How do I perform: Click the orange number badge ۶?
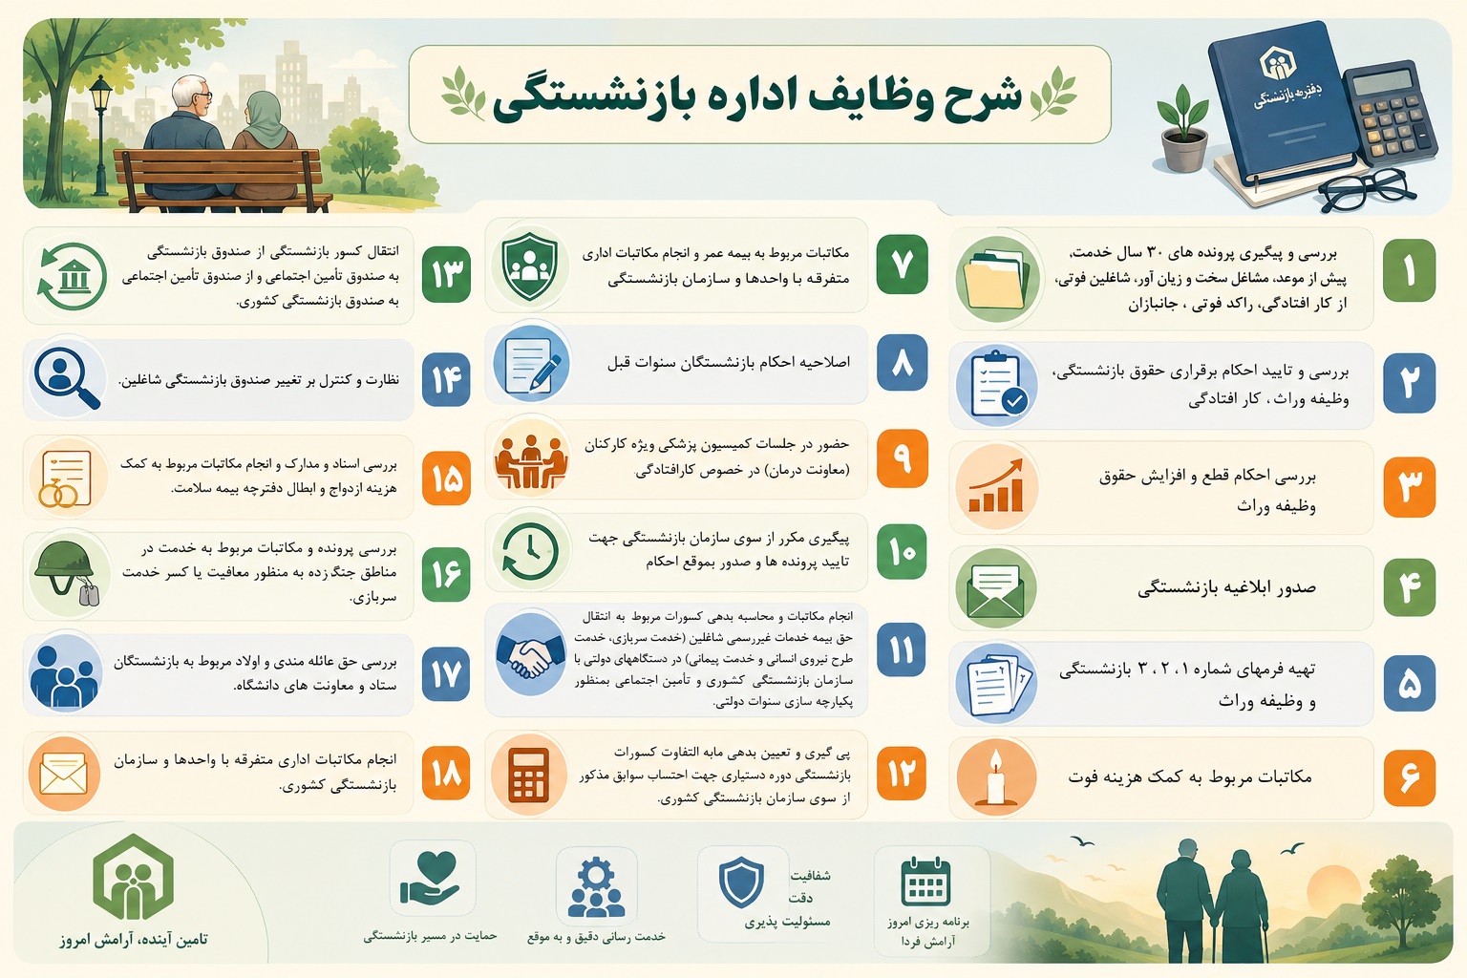(1410, 777)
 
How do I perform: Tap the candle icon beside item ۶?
(996, 776)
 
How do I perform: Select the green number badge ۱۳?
(446, 274)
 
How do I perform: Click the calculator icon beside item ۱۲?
(529, 775)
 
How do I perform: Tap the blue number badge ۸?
(902, 363)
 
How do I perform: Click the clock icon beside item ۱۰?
(530, 551)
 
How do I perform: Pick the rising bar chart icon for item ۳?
(996, 486)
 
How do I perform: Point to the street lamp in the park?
(100, 135)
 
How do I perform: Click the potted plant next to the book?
(1183, 128)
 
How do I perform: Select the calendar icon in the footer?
(925, 881)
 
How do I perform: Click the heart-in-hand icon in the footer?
(430, 878)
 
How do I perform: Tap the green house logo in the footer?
(133, 877)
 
